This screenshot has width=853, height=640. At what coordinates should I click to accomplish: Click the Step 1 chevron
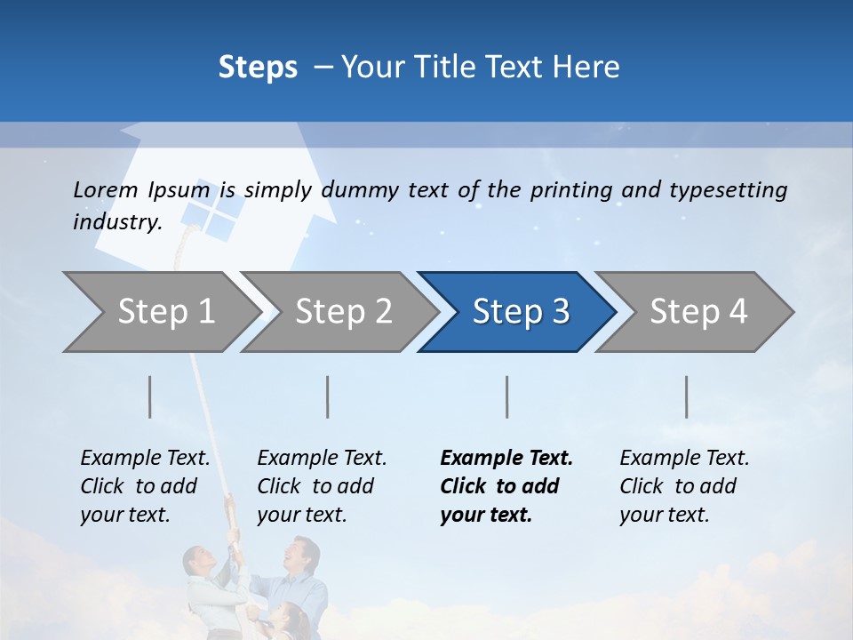click(x=160, y=312)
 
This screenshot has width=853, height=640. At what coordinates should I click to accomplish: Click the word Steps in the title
click(x=258, y=67)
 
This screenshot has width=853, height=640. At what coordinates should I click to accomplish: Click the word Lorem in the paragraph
click(x=105, y=189)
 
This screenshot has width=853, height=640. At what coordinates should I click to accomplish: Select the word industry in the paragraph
click(x=116, y=222)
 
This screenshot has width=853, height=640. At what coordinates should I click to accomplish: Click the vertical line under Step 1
click(x=150, y=396)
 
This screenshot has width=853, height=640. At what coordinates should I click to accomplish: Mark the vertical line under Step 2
click(x=328, y=396)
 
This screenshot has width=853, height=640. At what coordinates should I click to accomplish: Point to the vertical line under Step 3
click(x=507, y=396)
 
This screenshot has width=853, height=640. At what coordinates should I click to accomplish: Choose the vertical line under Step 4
click(x=687, y=396)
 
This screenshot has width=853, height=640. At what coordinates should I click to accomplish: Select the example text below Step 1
click(x=145, y=485)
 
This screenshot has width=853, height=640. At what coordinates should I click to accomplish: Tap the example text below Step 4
click(x=684, y=485)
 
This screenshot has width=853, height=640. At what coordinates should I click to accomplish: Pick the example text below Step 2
click(x=322, y=485)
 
